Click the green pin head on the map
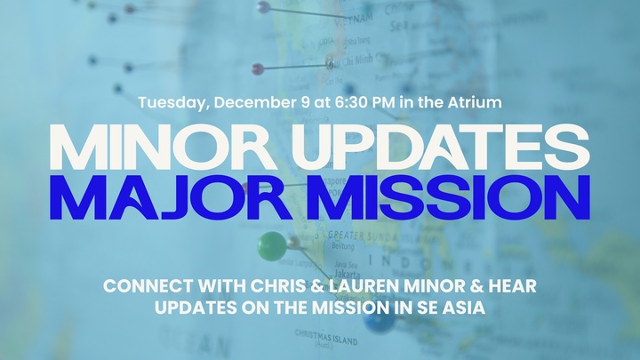[272, 245]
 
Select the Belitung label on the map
[340, 246]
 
